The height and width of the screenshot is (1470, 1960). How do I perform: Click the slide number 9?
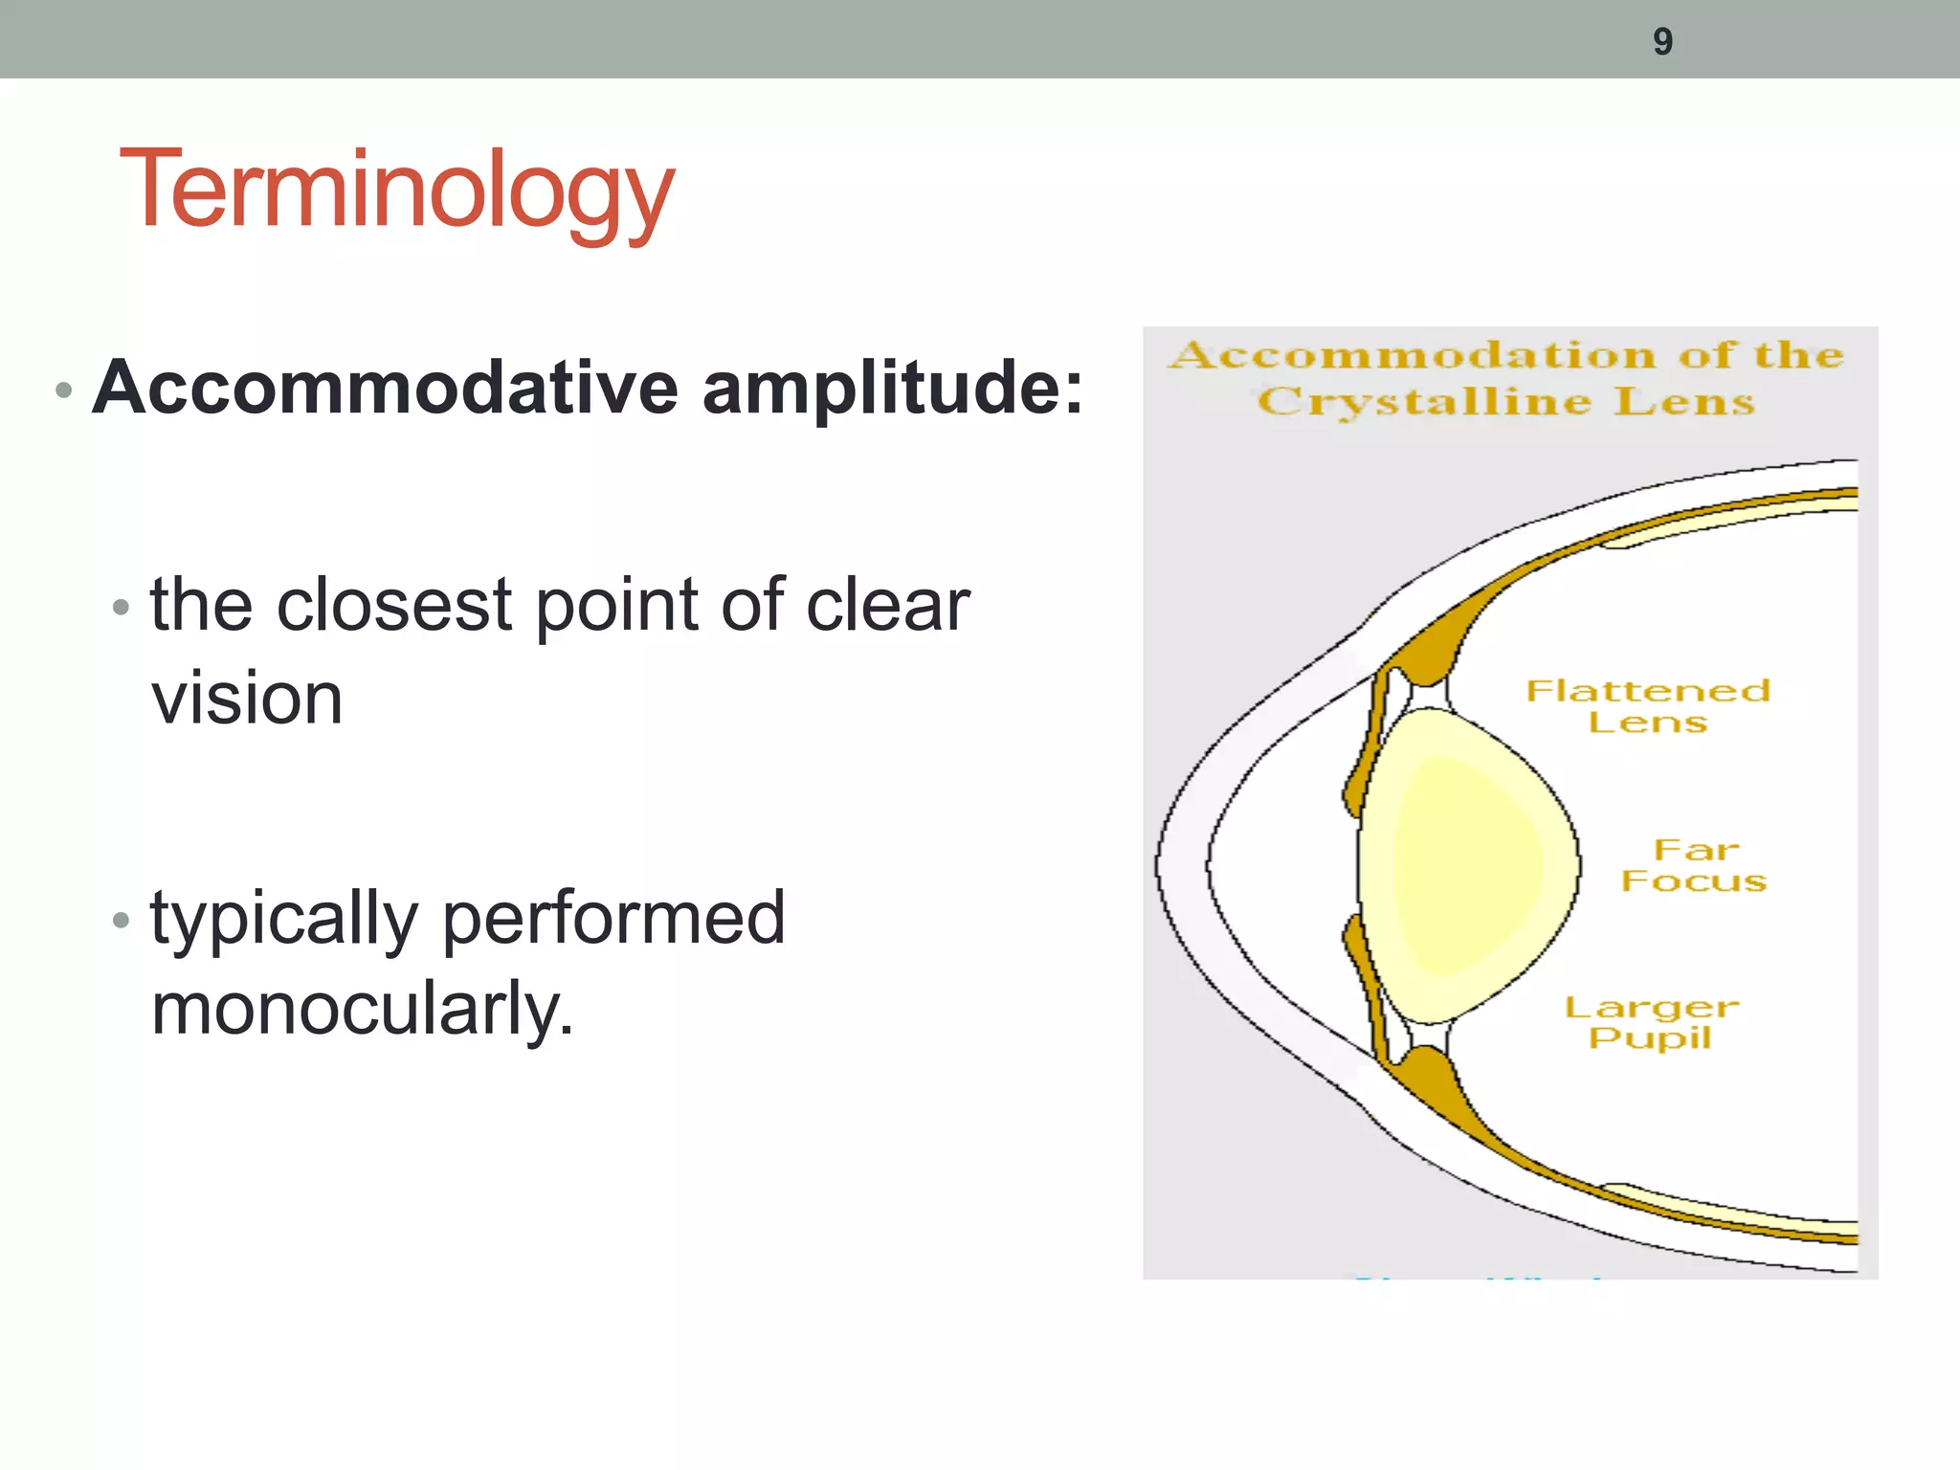click(1662, 41)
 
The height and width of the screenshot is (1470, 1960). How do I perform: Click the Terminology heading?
click(397, 189)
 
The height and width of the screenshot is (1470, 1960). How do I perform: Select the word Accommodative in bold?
click(385, 388)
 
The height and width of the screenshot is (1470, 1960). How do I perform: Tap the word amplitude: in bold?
click(893, 390)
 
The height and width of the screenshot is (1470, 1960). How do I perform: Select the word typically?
click(283, 919)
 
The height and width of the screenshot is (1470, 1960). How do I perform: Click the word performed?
click(613, 919)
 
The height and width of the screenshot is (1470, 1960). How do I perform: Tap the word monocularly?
click(362, 1009)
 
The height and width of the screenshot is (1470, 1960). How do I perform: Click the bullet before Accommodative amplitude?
click(64, 390)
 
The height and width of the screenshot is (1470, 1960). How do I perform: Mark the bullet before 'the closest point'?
click(121, 607)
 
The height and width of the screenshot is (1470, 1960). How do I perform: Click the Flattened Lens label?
click(1648, 705)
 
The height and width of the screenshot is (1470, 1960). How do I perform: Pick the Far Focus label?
click(1694, 864)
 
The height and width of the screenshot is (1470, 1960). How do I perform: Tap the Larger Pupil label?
click(1651, 1021)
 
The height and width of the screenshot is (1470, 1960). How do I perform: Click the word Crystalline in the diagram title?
click(1423, 402)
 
